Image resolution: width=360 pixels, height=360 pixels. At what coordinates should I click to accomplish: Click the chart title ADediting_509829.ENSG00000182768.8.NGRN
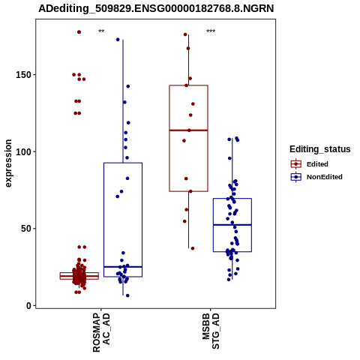156,8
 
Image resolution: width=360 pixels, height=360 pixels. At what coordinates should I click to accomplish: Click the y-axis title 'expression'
8,163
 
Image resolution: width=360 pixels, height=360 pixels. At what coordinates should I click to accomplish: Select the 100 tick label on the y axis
24,151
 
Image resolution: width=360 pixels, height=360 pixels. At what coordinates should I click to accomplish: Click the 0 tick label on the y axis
29,305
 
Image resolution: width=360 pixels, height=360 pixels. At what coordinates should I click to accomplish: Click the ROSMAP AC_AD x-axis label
101,332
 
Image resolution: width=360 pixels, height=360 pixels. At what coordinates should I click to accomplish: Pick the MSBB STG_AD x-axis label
211,331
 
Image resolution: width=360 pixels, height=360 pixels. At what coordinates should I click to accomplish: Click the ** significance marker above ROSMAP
101,31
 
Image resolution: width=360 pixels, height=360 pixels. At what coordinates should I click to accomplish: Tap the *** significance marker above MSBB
211,31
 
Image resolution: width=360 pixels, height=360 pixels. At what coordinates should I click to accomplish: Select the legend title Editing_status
320,149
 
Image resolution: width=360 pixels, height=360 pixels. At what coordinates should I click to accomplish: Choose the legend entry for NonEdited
316,177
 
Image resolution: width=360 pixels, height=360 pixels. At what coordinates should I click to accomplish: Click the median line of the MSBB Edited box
188,130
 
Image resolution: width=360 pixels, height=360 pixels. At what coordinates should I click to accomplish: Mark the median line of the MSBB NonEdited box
232,225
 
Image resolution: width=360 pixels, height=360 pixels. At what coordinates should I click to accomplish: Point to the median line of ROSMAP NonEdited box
123,267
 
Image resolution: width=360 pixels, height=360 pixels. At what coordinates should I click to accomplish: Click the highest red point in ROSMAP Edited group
79,32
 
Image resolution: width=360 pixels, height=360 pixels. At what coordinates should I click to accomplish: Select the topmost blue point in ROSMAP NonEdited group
118,40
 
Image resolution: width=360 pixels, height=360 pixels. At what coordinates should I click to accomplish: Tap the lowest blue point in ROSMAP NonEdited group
127,295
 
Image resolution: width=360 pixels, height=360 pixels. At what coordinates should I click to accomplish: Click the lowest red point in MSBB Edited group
193,248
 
